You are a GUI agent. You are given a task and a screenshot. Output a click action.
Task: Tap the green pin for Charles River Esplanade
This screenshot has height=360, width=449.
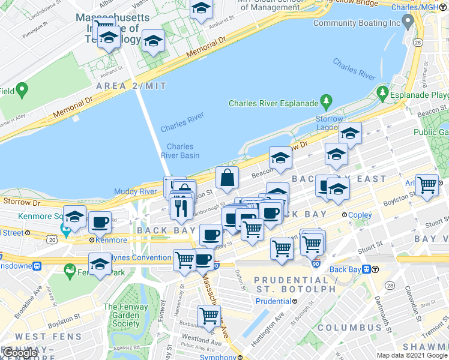pos(327,100)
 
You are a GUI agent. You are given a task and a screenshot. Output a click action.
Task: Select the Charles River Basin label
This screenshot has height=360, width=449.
pos(180,151)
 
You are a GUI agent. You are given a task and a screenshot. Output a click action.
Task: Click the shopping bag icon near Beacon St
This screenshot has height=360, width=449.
pos(228,178)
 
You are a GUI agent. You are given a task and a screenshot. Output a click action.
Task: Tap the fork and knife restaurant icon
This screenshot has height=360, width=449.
pos(181,207)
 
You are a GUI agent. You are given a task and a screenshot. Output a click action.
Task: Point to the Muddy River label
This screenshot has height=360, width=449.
pos(135,192)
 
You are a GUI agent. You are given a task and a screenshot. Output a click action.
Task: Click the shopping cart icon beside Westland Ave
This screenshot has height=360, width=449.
pos(209,315)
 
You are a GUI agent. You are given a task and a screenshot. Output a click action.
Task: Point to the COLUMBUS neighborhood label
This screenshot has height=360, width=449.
pos(349,328)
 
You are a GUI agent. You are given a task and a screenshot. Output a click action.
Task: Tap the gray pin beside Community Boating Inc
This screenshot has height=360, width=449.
pos(408,23)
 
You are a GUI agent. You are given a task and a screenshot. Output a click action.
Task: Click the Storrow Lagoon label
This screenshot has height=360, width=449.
pos(330,124)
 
